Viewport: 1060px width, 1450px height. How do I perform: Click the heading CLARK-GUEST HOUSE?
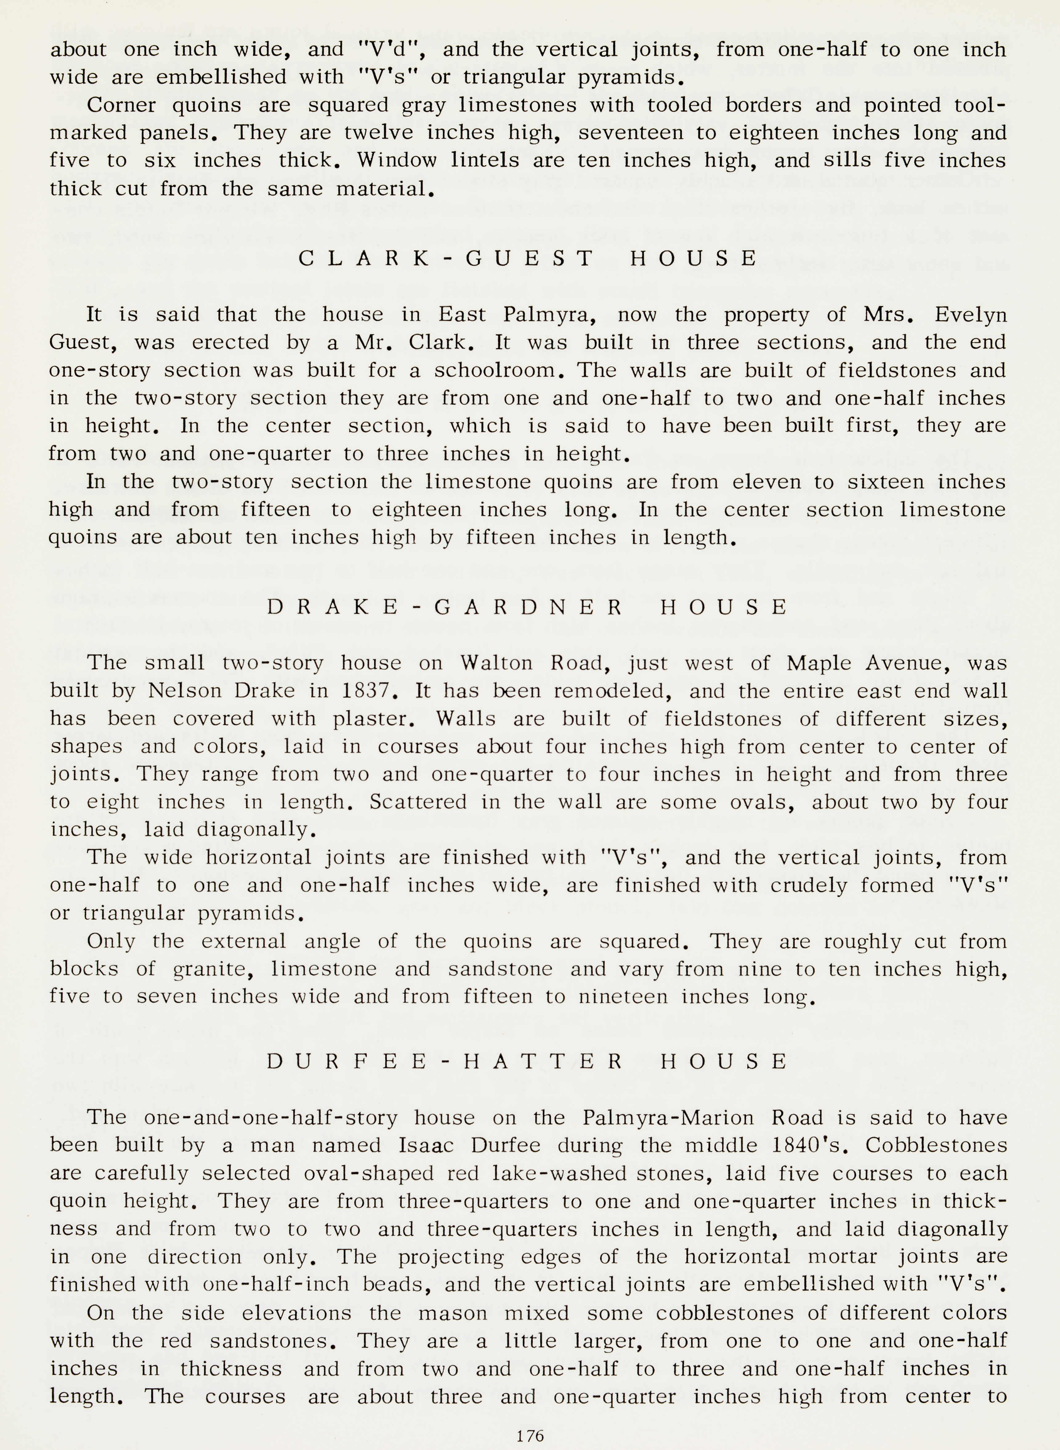[529, 259]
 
